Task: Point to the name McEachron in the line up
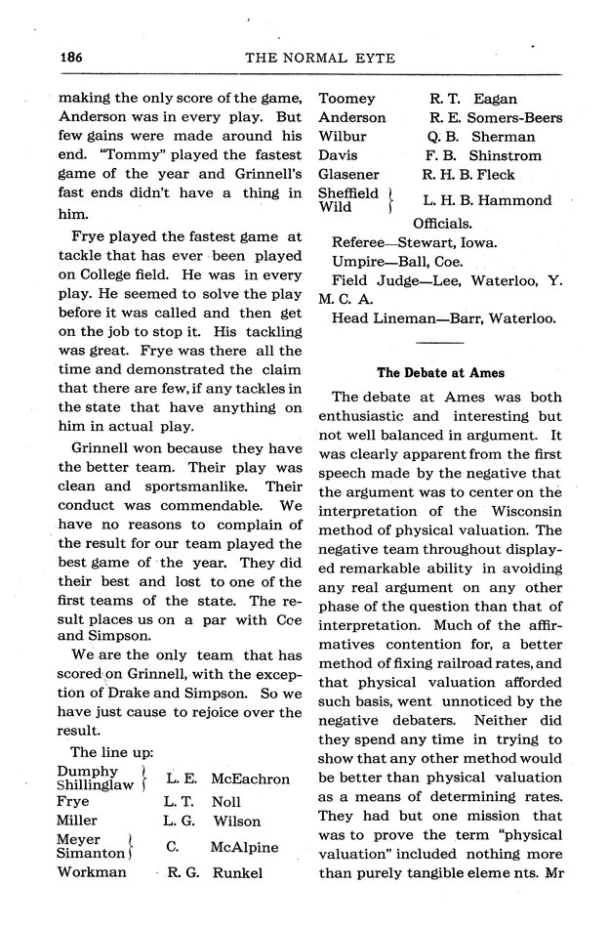pyautogui.click(x=250, y=779)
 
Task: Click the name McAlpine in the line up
pyautogui.click(x=245, y=847)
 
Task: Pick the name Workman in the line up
pyautogui.click(x=91, y=871)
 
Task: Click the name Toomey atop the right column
pyautogui.click(x=346, y=99)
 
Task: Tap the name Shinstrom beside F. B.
pyautogui.click(x=505, y=155)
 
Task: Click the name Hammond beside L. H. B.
pyautogui.click(x=512, y=200)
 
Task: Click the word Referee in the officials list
pyautogui.click(x=363, y=241)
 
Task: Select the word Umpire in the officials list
pyautogui.click(x=360, y=261)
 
